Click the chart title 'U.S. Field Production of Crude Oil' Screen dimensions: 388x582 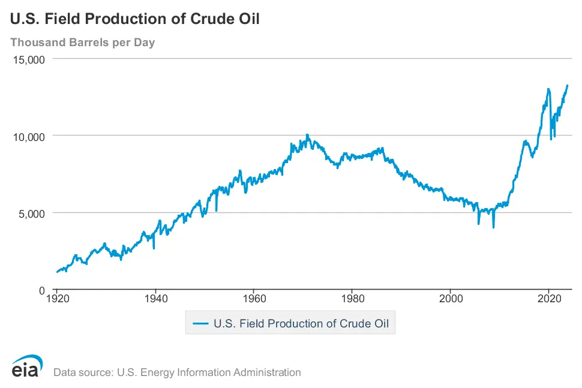pyautogui.click(x=135, y=19)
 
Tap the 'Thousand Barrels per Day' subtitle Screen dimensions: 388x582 pyautogui.click(x=83, y=43)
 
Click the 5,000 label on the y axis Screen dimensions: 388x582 pyautogui.click(x=32, y=213)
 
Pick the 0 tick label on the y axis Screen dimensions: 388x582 pyautogui.click(x=42, y=290)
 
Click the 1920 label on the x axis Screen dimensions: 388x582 pyautogui.click(x=56, y=297)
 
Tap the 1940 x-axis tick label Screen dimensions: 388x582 pyautogui.click(x=155, y=297)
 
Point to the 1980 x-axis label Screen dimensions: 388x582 pyautogui.click(x=353, y=297)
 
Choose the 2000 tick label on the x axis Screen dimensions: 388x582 pyautogui.click(x=451, y=297)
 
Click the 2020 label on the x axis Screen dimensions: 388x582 pyautogui.click(x=550, y=297)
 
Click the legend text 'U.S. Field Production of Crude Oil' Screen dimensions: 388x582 pyautogui.click(x=301, y=324)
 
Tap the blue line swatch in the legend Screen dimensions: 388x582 pyautogui.click(x=200, y=324)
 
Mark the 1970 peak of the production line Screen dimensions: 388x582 pyautogui.click(x=307, y=135)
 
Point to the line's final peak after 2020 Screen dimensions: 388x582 pyautogui.click(x=568, y=85)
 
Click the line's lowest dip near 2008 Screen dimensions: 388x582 pyautogui.click(x=493, y=227)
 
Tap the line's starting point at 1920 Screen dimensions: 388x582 pyautogui.click(x=56, y=272)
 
